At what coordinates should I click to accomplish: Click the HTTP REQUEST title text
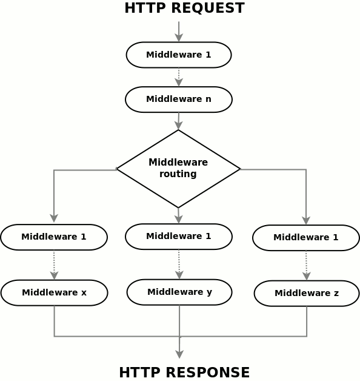(184, 8)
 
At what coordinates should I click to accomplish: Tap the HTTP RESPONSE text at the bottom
(184, 373)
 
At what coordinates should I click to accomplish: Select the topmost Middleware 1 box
(179, 55)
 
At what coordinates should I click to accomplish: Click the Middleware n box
(179, 99)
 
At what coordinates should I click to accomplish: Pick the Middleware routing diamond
(178, 169)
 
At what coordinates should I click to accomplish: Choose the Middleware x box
(54, 293)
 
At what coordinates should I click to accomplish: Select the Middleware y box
(179, 292)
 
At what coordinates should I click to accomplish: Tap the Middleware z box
(307, 293)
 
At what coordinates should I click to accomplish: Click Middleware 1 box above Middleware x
(54, 237)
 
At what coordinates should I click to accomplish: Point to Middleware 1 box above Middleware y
(179, 237)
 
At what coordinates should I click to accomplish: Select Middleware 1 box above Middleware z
(306, 238)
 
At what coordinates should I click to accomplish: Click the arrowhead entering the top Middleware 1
(179, 38)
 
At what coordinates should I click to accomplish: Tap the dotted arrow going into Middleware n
(179, 77)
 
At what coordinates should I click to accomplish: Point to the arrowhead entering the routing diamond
(179, 126)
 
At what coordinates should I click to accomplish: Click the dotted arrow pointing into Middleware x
(54, 265)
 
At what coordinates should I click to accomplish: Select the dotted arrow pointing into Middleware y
(179, 265)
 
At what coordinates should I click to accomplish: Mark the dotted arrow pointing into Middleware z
(306, 266)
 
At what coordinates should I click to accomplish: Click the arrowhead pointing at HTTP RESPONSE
(179, 354)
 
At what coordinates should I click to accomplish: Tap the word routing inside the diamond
(178, 174)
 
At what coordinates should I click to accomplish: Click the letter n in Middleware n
(208, 99)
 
